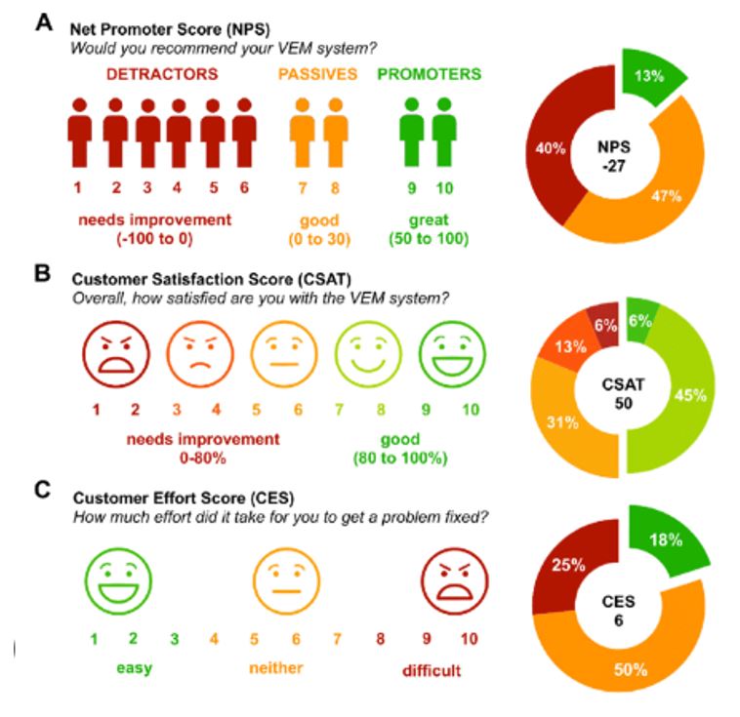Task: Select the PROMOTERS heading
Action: [x=430, y=73]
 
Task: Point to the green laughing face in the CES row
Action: [x=114, y=577]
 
